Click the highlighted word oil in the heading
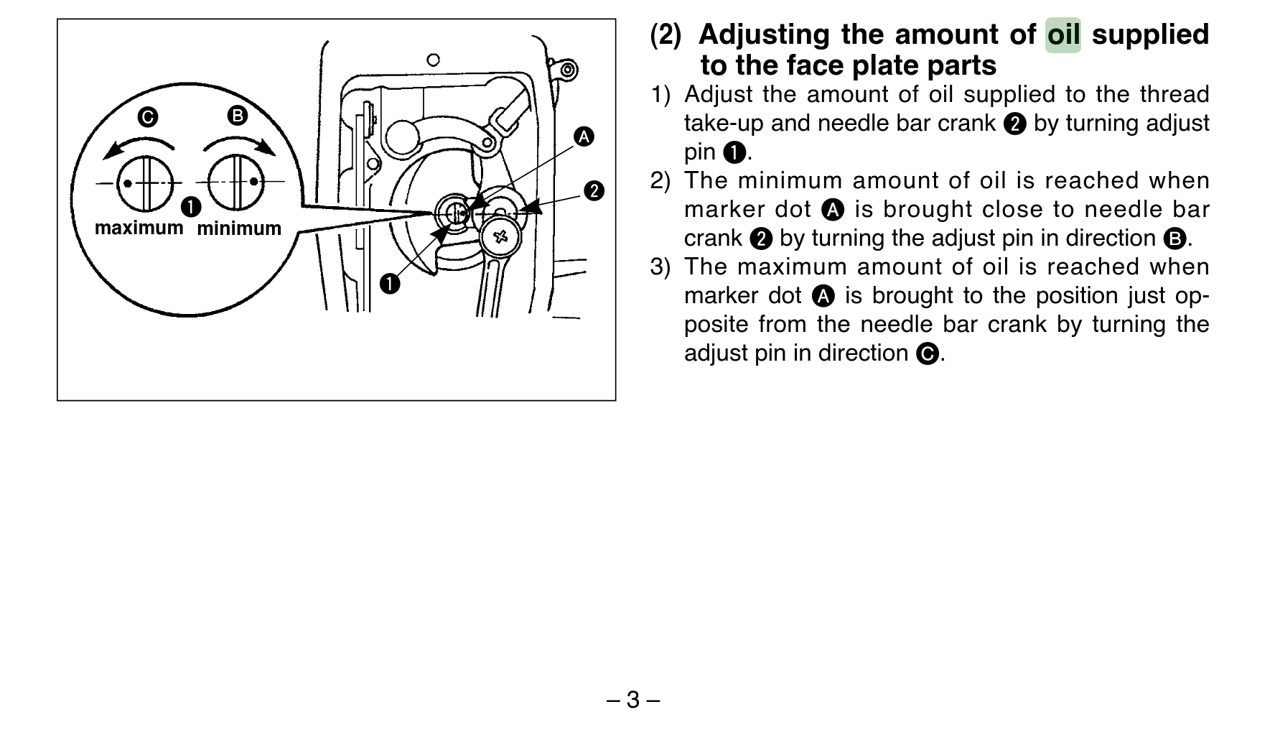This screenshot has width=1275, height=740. pos(1062,34)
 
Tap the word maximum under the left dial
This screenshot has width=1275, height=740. pos(139,228)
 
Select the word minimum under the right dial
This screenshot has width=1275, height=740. pos(239,229)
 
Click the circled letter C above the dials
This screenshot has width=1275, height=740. pos(148,117)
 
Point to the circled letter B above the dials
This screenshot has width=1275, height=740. pos(237,116)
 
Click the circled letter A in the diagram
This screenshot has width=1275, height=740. pos(584,137)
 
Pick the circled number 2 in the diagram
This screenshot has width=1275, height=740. pos(594,191)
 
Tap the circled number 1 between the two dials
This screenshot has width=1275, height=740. pos(190,207)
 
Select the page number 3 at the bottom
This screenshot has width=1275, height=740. pos(632,700)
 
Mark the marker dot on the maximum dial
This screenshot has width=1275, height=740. pos(128,182)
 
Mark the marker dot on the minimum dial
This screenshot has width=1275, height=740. pos(253,182)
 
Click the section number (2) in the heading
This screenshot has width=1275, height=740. pos(665,34)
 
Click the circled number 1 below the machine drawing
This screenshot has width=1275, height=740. pos(390,284)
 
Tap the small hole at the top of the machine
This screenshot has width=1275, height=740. pos(433,60)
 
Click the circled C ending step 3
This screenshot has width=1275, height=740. pos(928,354)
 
